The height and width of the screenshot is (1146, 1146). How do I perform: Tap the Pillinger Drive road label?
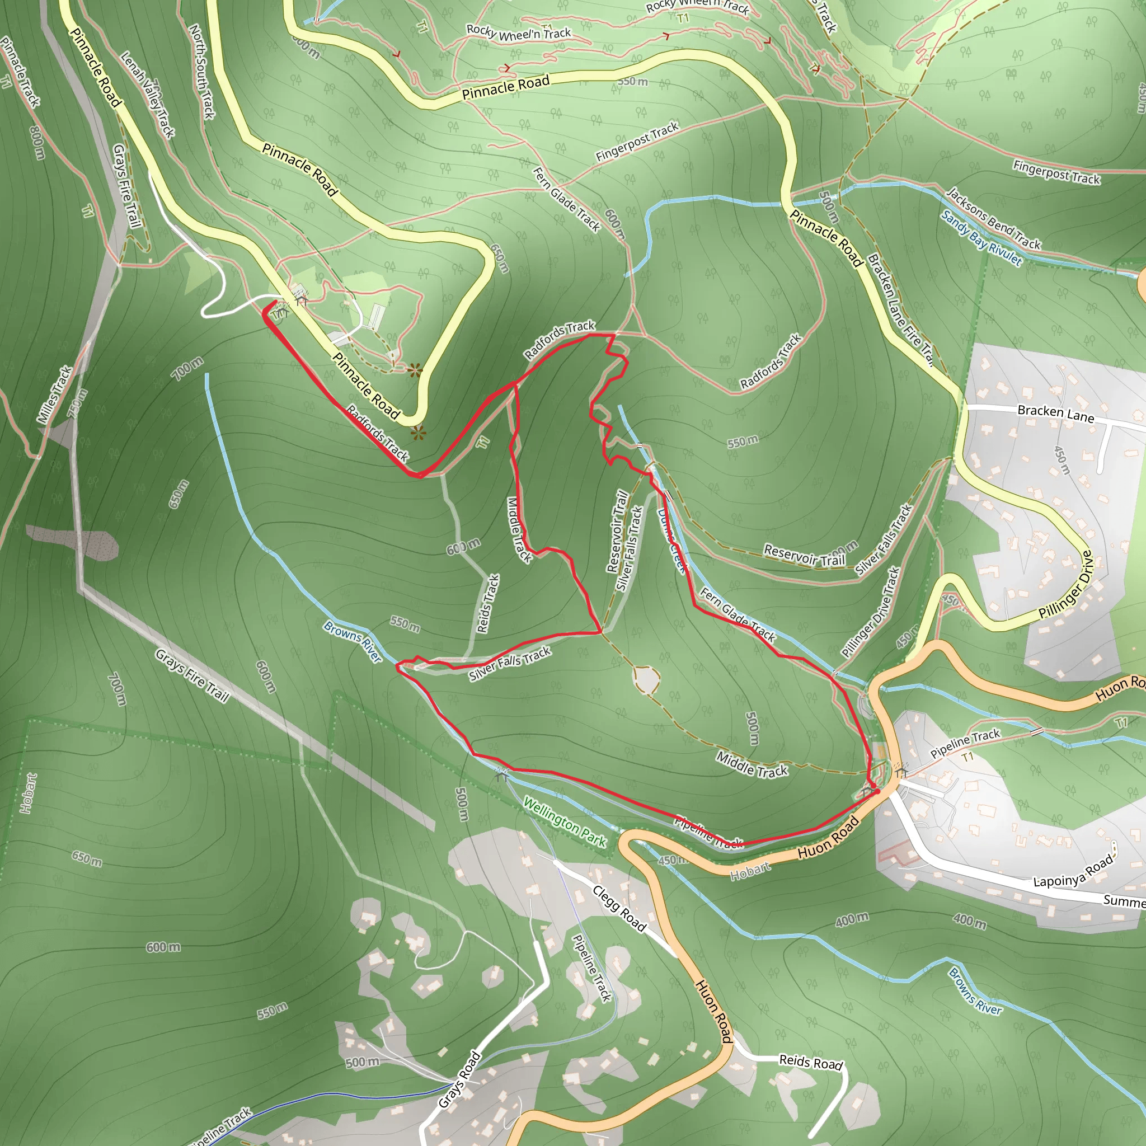pos(1065,585)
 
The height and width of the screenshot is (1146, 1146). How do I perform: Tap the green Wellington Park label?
pos(564,822)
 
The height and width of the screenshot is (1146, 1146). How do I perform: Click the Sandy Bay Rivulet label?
pos(981,238)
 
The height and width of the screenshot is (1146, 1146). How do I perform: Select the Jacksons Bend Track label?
pos(993,218)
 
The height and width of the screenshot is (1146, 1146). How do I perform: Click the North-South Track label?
pos(201,71)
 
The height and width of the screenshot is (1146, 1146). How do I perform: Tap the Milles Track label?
pos(55,394)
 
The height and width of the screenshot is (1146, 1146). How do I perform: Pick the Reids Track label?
pos(488,604)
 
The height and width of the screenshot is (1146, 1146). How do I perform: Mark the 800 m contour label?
pos(36,142)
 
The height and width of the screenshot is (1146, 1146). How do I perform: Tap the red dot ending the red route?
pos(875,791)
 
